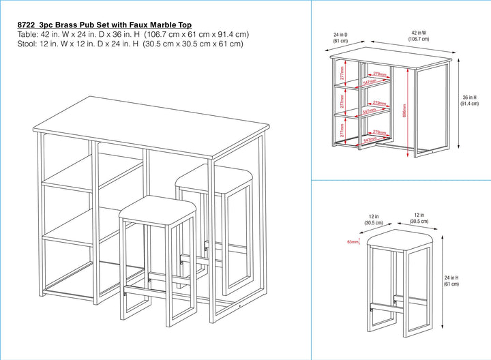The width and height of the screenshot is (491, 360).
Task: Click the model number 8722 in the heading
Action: click(x=27, y=25)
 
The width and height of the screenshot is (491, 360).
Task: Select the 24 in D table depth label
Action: click(x=340, y=36)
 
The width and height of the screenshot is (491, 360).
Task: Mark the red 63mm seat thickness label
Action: click(x=353, y=241)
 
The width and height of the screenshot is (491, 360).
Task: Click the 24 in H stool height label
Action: click(x=451, y=281)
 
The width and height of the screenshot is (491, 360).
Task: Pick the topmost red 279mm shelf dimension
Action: click(x=380, y=74)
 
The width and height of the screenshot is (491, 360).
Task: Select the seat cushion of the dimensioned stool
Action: click(x=399, y=240)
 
